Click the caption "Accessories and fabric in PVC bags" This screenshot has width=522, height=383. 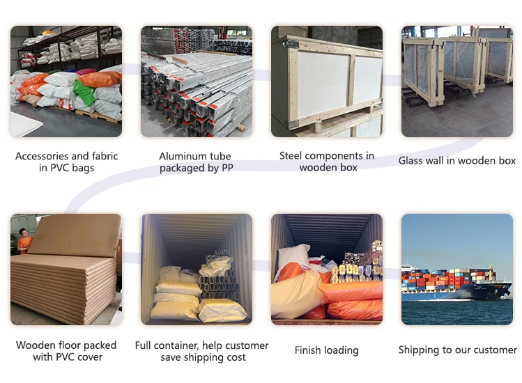pyautogui.click(x=66, y=162)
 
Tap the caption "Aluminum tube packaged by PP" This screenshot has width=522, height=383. pyautogui.click(x=195, y=162)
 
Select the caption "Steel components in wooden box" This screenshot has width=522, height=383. pyautogui.click(x=326, y=161)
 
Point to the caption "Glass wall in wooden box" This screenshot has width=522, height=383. pyautogui.click(x=456, y=161)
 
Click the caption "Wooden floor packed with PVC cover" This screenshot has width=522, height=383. pyautogui.click(x=66, y=351)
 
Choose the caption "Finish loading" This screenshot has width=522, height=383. pyautogui.click(x=326, y=350)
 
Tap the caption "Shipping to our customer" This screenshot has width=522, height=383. pyautogui.click(x=457, y=350)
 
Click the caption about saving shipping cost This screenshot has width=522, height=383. pyautogui.click(x=201, y=351)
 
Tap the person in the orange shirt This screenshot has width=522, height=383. pyautogui.click(x=24, y=240)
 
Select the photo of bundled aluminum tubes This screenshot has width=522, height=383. pyautogui.click(x=196, y=81)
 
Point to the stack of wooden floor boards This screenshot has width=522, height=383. pyautogui.click(x=66, y=286)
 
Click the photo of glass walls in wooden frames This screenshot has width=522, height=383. pyautogui.click(x=456, y=81)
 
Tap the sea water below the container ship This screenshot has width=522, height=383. pyautogui.click(x=456, y=312)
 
